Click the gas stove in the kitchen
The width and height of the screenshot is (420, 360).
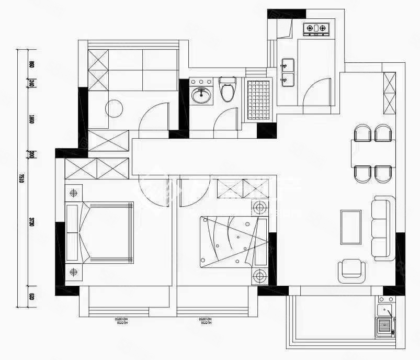click(316, 28)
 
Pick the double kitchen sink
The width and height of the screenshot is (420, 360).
click(287, 72)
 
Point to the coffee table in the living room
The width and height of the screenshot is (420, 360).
click(350, 227)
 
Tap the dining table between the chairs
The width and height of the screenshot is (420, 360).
click(372, 153)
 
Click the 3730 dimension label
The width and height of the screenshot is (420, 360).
click(31, 222)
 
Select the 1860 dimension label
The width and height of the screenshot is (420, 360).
click(31, 119)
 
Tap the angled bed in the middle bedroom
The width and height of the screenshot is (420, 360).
click(232, 240)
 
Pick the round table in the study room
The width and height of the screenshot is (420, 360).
click(115, 109)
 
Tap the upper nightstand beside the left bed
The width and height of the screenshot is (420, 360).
click(73, 193)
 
